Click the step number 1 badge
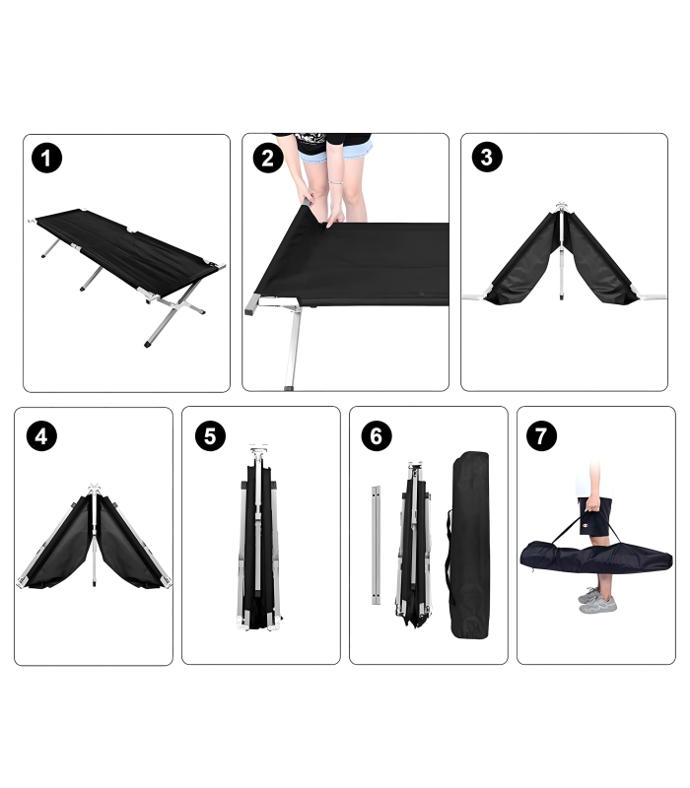pyautogui.click(x=46, y=159)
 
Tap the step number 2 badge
pyautogui.click(x=267, y=159)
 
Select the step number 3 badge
pyautogui.click(x=487, y=157)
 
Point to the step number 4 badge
pyautogui.click(x=41, y=435)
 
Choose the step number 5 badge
pyautogui.click(x=210, y=435)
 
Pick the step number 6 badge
pyautogui.click(x=377, y=435)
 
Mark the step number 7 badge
pyautogui.click(x=541, y=435)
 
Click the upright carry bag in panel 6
pyautogui.click(x=469, y=545)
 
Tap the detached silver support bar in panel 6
pyautogui.click(x=377, y=545)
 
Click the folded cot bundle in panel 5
pyautogui.click(x=258, y=538)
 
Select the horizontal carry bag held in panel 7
pyautogui.click(x=596, y=557)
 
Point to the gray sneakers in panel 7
pyautogui.click(x=597, y=601)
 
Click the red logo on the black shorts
pyautogui.click(x=585, y=526)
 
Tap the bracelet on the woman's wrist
pyautogui.click(x=336, y=182)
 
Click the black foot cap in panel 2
pyautogui.click(x=289, y=388)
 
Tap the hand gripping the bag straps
pyautogui.click(x=593, y=502)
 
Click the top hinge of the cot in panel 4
pyautogui.click(x=94, y=488)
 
